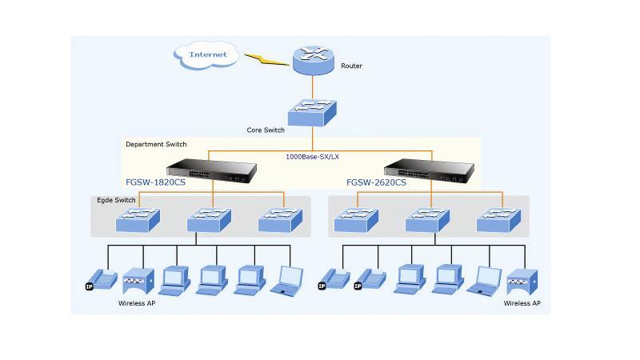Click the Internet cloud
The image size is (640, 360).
(206, 54)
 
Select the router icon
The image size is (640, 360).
(313, 61)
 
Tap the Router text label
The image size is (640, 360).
(351, 66)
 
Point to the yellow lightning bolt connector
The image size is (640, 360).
(266, 59)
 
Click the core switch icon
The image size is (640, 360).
(312, 113)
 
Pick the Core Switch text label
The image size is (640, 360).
(266, 130)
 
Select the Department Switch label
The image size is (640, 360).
(156, 144)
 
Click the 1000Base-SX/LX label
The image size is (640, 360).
(312, 157)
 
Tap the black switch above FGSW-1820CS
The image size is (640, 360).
(211, 170)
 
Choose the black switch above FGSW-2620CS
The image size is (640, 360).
(429, 170)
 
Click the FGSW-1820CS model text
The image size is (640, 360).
(155, 182)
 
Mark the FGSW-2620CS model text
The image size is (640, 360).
(376, 182)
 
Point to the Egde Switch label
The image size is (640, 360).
(116, 200)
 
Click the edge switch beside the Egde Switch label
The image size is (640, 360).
(138, 221)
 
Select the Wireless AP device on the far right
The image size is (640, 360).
(522, 282)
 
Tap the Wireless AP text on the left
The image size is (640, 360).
(137, 303)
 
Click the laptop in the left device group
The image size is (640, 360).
(287, 281)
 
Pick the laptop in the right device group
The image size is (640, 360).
(485, 281)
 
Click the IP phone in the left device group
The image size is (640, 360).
(102, 280)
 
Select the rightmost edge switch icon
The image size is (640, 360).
(498, 221)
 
